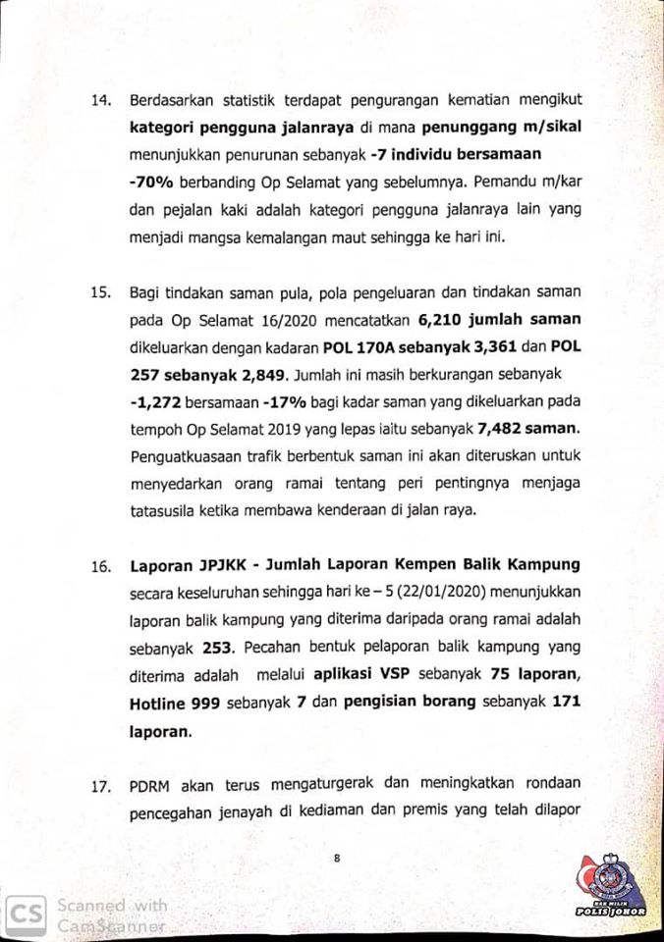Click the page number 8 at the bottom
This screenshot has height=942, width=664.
point(337,857)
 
